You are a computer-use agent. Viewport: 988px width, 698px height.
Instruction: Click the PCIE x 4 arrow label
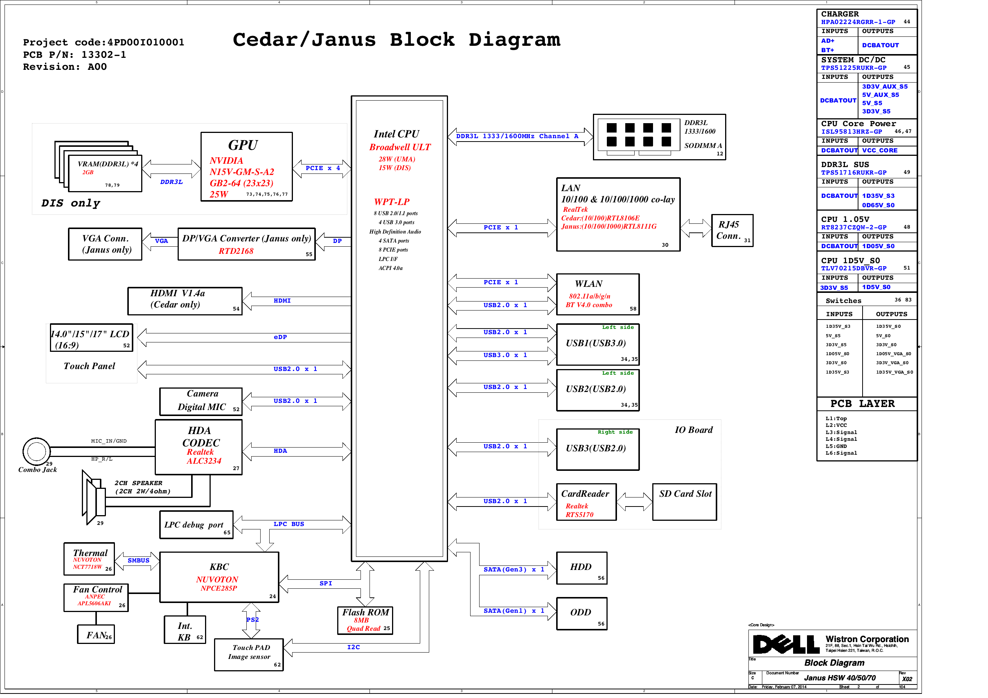point(322,168)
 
